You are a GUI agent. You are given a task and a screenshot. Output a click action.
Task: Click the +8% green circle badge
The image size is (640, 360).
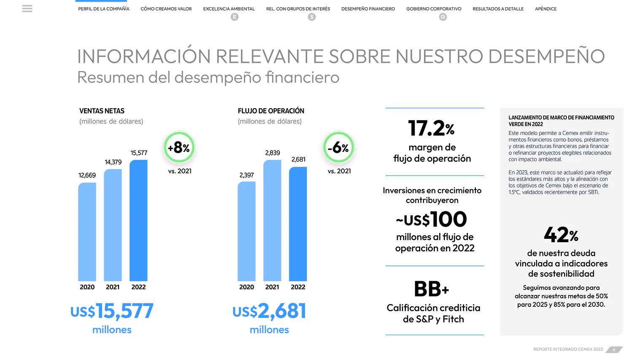(179, 147)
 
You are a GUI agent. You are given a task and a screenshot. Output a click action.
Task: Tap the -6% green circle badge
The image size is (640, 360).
(338, 147)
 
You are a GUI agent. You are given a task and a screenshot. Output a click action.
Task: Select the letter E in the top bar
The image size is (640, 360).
(235, 17)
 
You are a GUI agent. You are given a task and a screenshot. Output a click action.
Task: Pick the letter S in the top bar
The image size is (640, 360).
(312, 17)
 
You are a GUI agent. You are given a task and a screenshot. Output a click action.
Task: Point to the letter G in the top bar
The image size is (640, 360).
(443, 17)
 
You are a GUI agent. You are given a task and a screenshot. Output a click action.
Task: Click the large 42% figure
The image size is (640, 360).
(561, 235)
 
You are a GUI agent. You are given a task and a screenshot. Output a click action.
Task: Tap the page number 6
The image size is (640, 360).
(614, 349)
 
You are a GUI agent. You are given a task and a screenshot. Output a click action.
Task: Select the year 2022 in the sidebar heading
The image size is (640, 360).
(537, 124)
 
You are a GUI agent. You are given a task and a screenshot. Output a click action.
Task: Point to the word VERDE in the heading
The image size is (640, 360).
(516, 124)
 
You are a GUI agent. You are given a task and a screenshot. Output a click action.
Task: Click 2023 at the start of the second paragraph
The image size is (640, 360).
(521, 173)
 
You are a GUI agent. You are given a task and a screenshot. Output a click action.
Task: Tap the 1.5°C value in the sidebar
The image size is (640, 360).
(514, 192)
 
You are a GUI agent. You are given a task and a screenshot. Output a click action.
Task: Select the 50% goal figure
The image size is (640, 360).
(599, 296)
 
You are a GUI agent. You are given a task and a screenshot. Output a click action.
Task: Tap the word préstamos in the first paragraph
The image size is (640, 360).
(596, 140)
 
